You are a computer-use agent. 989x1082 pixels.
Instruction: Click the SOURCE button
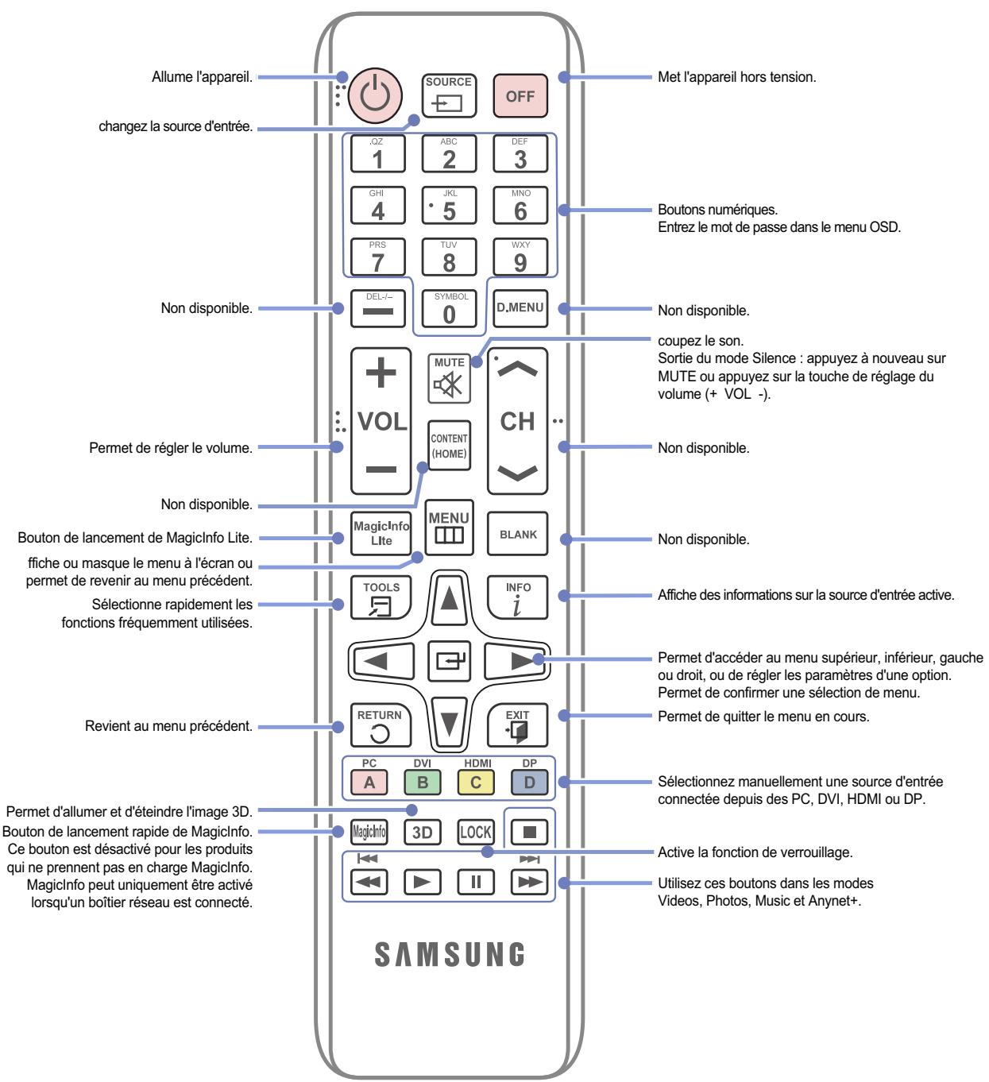pyautogui.click(x=448, y=95)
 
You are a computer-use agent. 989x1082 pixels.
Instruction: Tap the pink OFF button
pyautogui.click(x=520, y=95)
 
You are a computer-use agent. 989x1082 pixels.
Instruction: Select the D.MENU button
pyautogui.click(x=520, y=308)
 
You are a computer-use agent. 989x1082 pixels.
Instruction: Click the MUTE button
pyautogui.click(x=448, y=378)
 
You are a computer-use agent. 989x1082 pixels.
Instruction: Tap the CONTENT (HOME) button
pyautogui.click(x=448, y=446)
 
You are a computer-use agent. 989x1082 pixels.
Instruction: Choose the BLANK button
pyautogui.click(x=517, y=533)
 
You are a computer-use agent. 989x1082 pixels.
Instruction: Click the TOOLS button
pyautogui.click(x=381, y=597)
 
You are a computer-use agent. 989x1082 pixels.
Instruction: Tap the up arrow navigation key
pyautogui.click(x=449, y=598)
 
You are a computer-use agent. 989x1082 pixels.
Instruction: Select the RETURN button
pyautogui.click(x=381, y=725)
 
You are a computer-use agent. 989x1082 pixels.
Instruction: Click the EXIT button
pyautogui.click(x=517, y=725)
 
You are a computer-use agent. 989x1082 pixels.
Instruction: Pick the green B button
pyautogui.click(x=422, y=782)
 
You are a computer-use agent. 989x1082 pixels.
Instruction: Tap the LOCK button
pyautogui.click(x=475, y=832)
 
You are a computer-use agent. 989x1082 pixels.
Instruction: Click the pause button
pyautogui.click(x=475, y=883)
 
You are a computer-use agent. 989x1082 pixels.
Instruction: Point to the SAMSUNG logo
pyautogui.click(x=449, y=954)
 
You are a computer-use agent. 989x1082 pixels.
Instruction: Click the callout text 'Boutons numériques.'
pyautogui.click(x=717, y=210)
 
